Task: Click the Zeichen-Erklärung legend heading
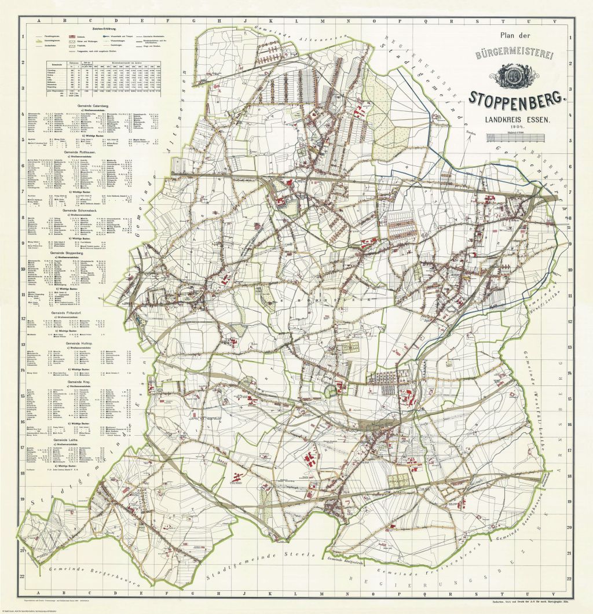(x=102, y=27)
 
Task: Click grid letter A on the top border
(x=39, y=20)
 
